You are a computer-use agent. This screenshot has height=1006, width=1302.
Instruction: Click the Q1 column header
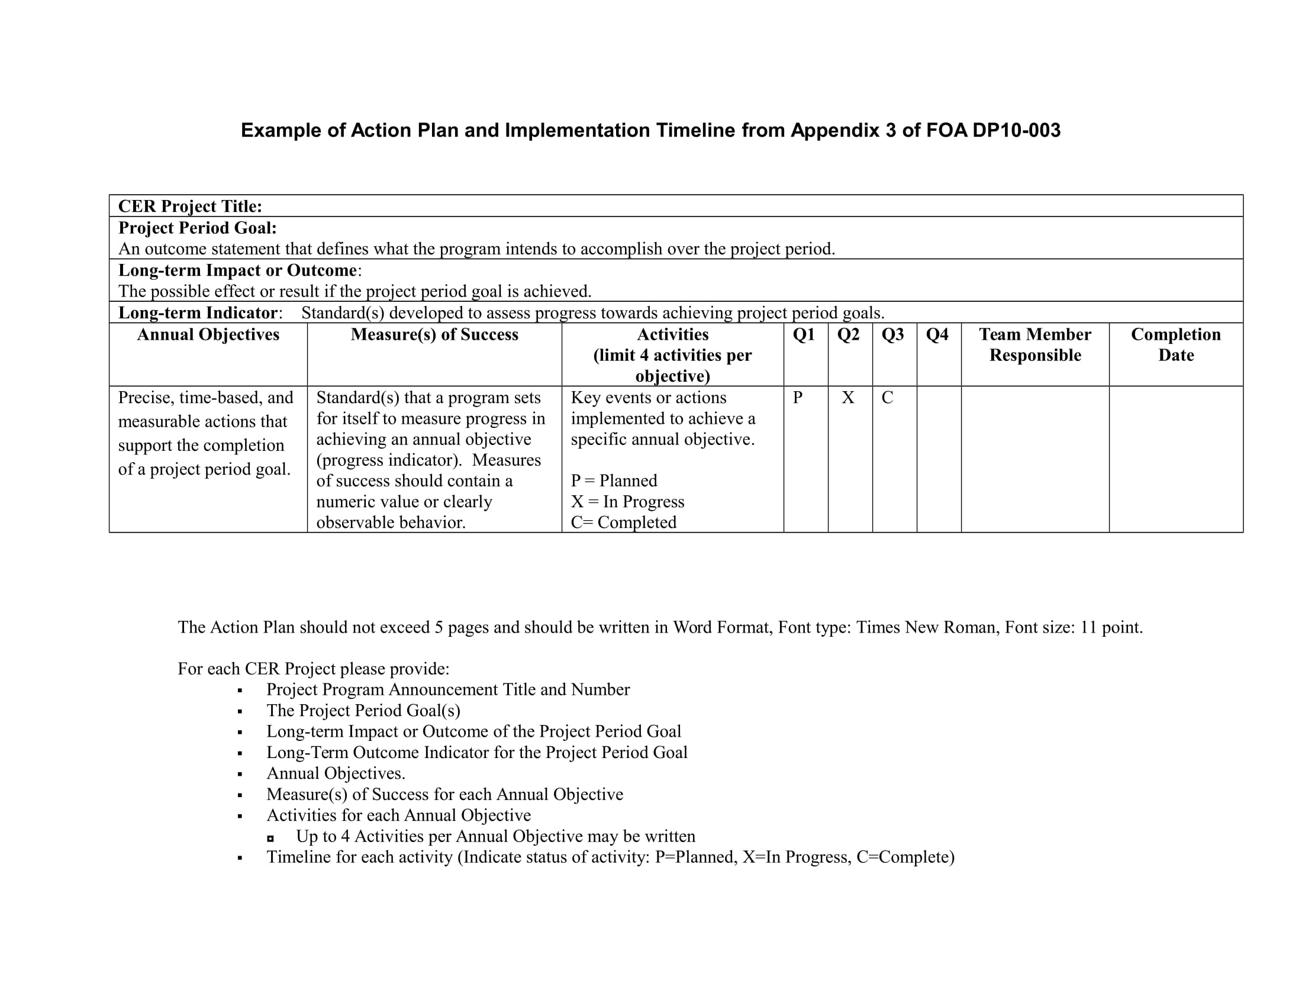(804, 334)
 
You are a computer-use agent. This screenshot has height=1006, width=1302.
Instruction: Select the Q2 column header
(848, 334)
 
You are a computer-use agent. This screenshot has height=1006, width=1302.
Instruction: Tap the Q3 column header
(892, 334)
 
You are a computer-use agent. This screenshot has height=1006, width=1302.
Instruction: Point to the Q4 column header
(937, 334)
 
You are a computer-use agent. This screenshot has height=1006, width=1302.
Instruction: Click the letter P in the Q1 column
(798, 398)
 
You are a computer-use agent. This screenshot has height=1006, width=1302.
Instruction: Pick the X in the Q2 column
(847, 398)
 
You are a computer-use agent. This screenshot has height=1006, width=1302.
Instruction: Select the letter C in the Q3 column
(887, 398)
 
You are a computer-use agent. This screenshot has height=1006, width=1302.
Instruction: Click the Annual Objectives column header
(208, 334)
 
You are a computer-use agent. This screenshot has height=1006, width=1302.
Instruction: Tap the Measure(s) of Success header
(434, 334)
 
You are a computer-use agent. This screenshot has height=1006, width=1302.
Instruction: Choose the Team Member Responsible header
(1035, 344)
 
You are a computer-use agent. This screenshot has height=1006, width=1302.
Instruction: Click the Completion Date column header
(1175, 344)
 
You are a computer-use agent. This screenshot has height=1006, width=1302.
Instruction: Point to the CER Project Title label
(190, 206)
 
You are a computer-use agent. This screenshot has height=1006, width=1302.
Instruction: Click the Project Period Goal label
(197, 228)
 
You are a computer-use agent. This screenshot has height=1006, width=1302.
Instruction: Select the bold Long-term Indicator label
(198, 313)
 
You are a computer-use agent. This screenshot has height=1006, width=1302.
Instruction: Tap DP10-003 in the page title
(1016, 131)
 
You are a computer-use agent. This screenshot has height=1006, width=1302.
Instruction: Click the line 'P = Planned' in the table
(614, 481)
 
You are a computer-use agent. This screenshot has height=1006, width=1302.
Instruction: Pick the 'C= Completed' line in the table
(624, 522)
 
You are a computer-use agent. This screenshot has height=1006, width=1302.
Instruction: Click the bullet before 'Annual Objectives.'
(240, 775)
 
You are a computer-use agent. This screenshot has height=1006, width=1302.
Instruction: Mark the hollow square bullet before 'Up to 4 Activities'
(270, 838)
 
